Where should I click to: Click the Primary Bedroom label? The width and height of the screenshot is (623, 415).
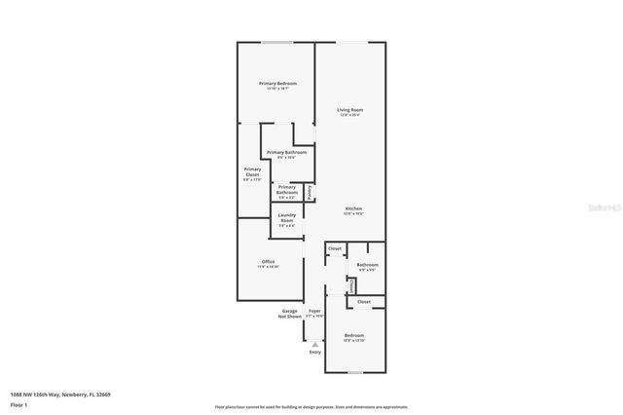point(277,85)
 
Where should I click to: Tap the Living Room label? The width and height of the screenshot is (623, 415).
point(350,111)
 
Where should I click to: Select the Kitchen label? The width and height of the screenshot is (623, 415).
point(353,209)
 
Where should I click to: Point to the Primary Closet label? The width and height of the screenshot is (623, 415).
point(252,174)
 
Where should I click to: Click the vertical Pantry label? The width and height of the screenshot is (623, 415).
point(311,193)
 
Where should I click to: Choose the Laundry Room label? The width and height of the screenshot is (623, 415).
point(287,218)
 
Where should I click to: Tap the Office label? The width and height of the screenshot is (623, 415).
point(268,262)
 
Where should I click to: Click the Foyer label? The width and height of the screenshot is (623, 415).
point(314,312)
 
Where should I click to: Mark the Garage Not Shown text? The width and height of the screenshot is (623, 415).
point(290,313)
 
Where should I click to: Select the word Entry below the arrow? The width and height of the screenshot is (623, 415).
point(314,352)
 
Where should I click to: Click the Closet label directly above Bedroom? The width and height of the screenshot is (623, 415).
point(364,302)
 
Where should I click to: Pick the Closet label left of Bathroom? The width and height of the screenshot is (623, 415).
point(335,249)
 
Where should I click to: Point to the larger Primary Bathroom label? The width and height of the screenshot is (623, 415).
point(287,153)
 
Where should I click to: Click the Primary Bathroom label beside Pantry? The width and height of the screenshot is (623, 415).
point(287,189)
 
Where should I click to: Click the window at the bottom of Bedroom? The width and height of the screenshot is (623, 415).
point(355,373)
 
